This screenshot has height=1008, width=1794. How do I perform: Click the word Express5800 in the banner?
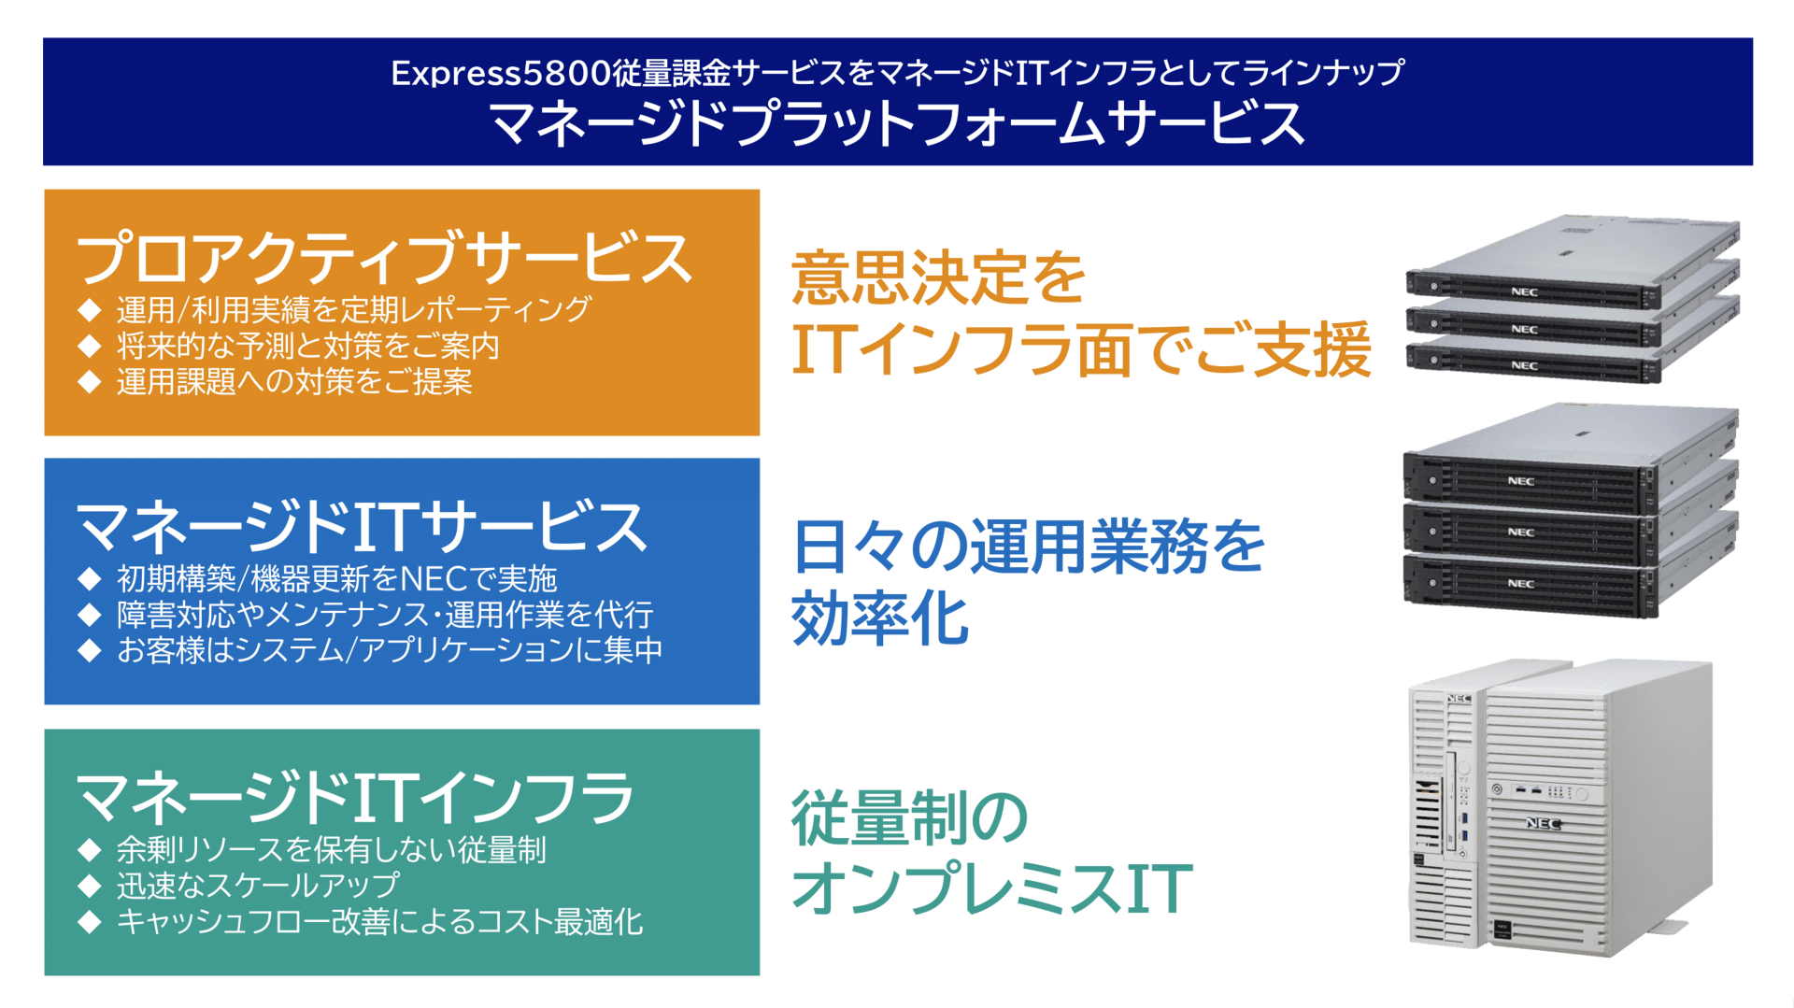pyautogui.click(x=500, y=73)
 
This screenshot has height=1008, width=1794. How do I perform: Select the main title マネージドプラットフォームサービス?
pyautogui.click(x=897, y=123)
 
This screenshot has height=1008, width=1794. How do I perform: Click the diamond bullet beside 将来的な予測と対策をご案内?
pyautogui.click(x=90, y=346)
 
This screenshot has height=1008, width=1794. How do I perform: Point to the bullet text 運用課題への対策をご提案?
pyautogui.click(x=294, y=382)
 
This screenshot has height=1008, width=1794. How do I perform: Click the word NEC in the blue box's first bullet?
pyautogui.click(x=434, y=579)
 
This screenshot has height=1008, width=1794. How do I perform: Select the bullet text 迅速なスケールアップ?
pyautogui.click(x=258, y=886)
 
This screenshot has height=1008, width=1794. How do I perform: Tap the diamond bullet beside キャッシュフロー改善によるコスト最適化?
pyautogui.click(x=90, y=922)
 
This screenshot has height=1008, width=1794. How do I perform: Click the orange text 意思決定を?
pyautogui.click(x=938, y=277)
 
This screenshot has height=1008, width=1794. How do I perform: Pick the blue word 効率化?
pyautogui.click(x=880, y=618)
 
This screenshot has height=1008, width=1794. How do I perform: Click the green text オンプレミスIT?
pyautogui.click(x=992, y=887)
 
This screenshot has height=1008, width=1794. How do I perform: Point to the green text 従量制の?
pyautogui.click(x=910, y=817)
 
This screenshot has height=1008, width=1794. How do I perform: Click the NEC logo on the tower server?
pyautogui.click(x=1543, y=823)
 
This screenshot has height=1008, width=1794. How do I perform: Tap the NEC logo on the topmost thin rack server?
pyautogui.click(x=1524, y=292)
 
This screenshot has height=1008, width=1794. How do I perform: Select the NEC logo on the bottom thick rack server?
pyautogui.click(x=1520, y=584)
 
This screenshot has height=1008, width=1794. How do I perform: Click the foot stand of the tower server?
pyautogui.click(x=1666, y=929)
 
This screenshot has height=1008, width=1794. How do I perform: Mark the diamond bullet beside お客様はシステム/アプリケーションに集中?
pyautogui.click(x=90, y=650)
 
